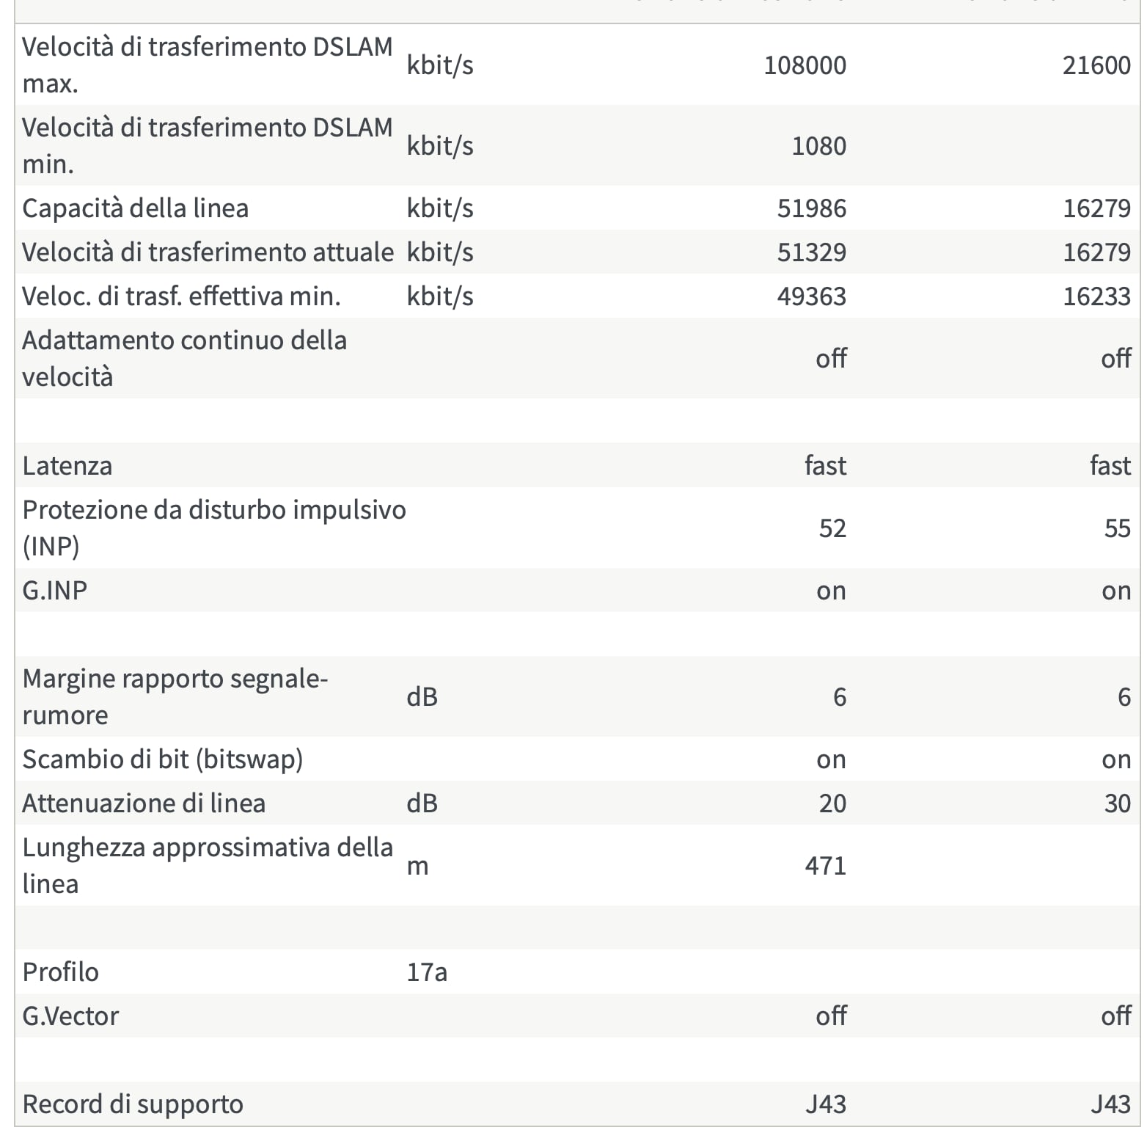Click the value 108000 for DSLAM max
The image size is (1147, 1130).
tap(805, 65)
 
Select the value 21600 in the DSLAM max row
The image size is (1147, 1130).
tap(1096, 65)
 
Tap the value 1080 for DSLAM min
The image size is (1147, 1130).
tap(818, 146)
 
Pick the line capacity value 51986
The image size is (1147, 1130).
tap(811, 208)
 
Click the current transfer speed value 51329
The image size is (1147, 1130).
tap(811, 252)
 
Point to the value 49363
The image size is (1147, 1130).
tap(811, 296)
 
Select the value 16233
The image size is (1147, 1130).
tap(1096, 296)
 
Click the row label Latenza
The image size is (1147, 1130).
tap(67, 466)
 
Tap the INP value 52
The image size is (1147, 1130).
tap(832, 528)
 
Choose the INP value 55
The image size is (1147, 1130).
tap(1117, 528)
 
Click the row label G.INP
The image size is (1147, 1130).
tap(55, 591)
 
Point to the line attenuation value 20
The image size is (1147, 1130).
tap(832, 803)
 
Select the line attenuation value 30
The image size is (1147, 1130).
tap(1117, 803)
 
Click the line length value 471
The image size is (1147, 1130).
tap(825, 866)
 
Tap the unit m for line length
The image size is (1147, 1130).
tap(417, 866)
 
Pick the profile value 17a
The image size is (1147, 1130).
tap(427, 972)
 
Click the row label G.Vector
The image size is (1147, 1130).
tap(70, 1016)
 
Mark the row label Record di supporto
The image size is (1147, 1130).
tap(133, 1104)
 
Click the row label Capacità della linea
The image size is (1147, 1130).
tap(136, 208)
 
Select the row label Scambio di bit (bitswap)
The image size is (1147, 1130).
tap(163, 759)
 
